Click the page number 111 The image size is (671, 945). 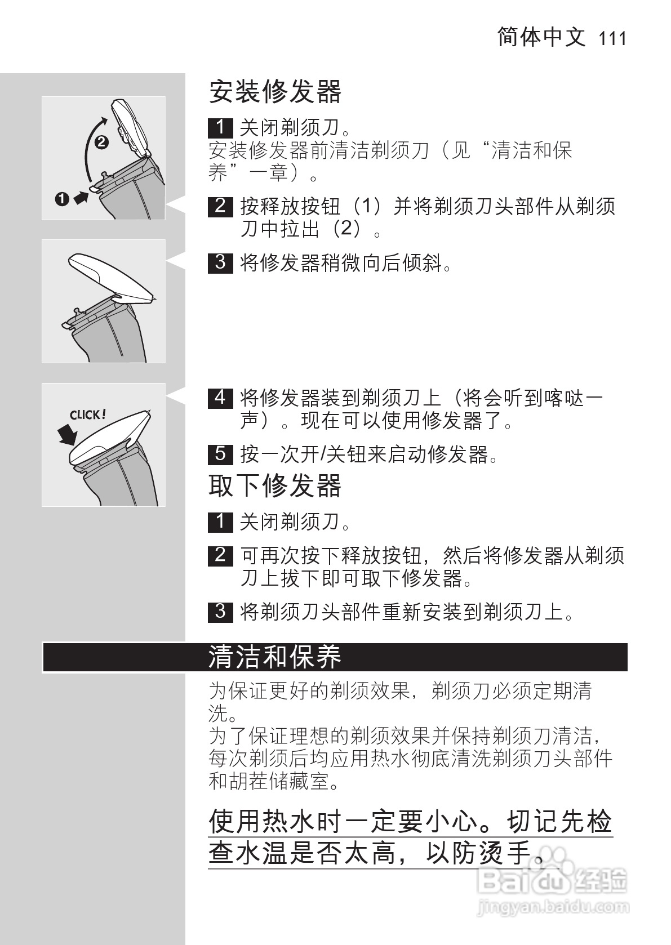coord(612,38)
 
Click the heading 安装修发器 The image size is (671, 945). coord(275,92)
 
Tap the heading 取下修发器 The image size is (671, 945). coord(275,485)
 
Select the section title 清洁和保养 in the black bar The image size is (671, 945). coord(275,657)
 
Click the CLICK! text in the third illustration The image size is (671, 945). coord(87,415)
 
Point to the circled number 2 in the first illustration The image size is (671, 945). coord(101,142)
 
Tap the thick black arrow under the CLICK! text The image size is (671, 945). coord(68,435)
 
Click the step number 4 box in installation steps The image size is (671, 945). coord(220,398)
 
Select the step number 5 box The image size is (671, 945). coord(220,453)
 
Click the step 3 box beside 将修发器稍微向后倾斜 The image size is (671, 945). coord(220,262)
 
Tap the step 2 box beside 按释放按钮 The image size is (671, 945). coord(220,206)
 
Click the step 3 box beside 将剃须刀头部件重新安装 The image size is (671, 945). coord(220,611)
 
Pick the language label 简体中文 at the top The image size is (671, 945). coord(541,37)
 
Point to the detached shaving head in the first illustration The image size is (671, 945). coord(131,127)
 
